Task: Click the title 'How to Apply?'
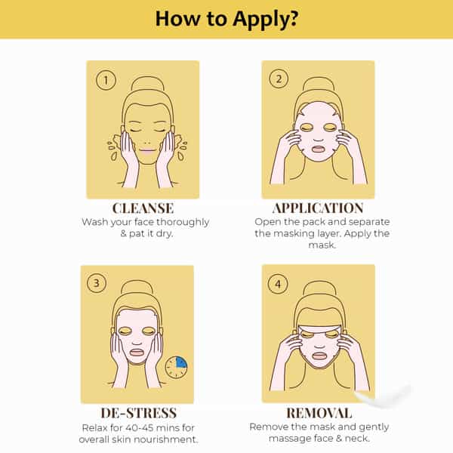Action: click(226, 19)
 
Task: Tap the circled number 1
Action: click(106, 80)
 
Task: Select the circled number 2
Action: click(279, 79)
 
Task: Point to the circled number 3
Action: click(97, 283)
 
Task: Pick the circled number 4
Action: click(278, 284)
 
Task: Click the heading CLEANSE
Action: click(143, 208)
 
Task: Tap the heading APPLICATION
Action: click(318, 208)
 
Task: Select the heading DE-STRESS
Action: click(139, 413)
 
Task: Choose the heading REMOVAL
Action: click(319, 413)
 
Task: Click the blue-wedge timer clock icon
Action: click(176, 368)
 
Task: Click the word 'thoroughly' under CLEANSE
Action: click(183, 223)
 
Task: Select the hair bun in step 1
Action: click(148, 84)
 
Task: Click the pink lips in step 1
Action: click(147, 150)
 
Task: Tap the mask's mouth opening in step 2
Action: click(318, 149)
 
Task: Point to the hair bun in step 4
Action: click(320, 288)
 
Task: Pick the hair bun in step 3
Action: click(137, 288)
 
